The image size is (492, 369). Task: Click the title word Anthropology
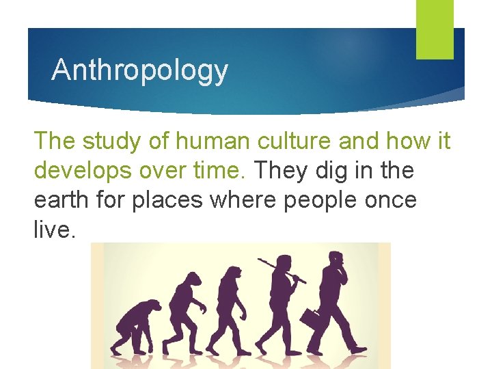pos(139,70)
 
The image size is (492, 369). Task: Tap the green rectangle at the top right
pos(435,29)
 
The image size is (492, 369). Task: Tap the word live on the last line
pos(53,231)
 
